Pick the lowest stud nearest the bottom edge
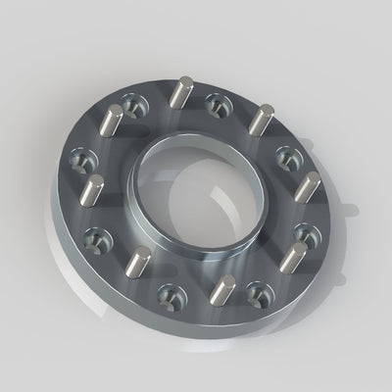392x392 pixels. pyautogui.click(x=224, y=290)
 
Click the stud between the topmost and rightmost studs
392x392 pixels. pyautogui.click(x=259, y=120)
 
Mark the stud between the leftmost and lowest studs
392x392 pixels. pyautogui.click(x=141, y=263)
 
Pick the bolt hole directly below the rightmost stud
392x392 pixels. pyautogui.click(x=308, y=235)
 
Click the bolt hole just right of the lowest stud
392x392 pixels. pyautogui.click(x=259, y=290)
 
